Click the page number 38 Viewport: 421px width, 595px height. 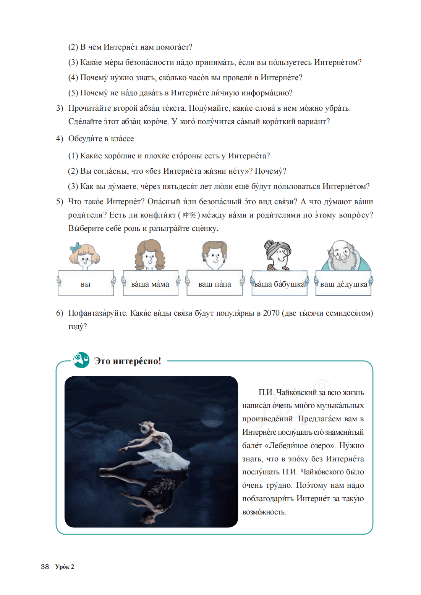[45, 567]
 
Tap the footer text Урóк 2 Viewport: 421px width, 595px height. [65, 567]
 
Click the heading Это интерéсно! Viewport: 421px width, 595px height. [128, 361]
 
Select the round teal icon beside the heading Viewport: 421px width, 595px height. [81, 360]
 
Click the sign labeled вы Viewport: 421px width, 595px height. [86, 284]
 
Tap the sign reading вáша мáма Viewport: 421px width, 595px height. [150, 284]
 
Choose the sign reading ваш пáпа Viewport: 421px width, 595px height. [214, 284]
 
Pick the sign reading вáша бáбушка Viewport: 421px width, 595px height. [279, 284]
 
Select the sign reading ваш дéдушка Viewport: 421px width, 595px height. [343, 284]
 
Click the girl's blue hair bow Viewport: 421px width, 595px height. [75, 247]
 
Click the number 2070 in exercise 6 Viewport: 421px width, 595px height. [271, 313]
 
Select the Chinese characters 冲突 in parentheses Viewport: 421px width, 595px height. [189, 215]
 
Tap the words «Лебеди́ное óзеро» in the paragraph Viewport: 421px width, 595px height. [298, 445]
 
